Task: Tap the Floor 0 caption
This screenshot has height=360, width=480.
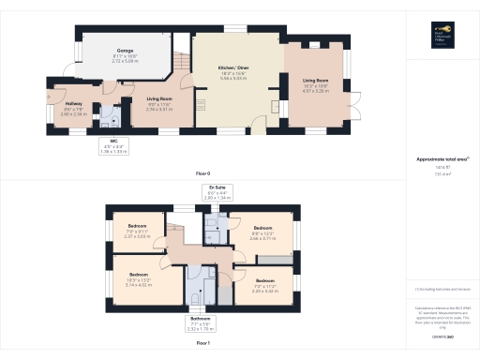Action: pos(202,174)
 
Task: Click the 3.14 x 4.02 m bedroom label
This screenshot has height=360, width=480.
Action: pos(138,283)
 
